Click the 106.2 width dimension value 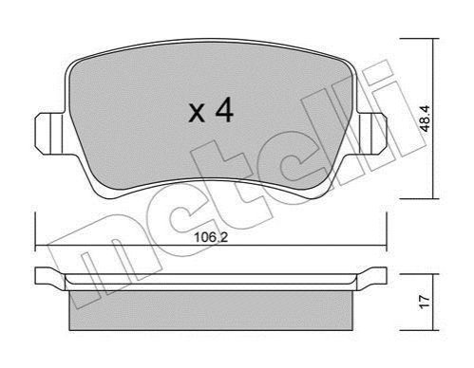[211, 237]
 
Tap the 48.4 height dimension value [424, 119]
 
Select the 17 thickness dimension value [426, 302]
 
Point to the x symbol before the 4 [197, 114]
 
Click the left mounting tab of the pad [49, 134]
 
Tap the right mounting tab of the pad [371, 134]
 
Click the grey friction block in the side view [211, 310]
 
